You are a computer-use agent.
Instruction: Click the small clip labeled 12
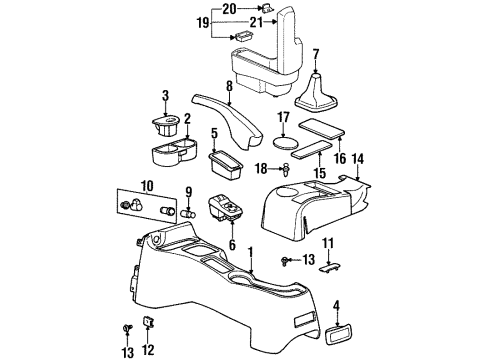pyautogui.click(x=148, y=323)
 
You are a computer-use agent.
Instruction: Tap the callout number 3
pyautogui.click(x=165, y=95)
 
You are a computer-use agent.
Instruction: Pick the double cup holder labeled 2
pyautogui.click(x=171, y=156)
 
